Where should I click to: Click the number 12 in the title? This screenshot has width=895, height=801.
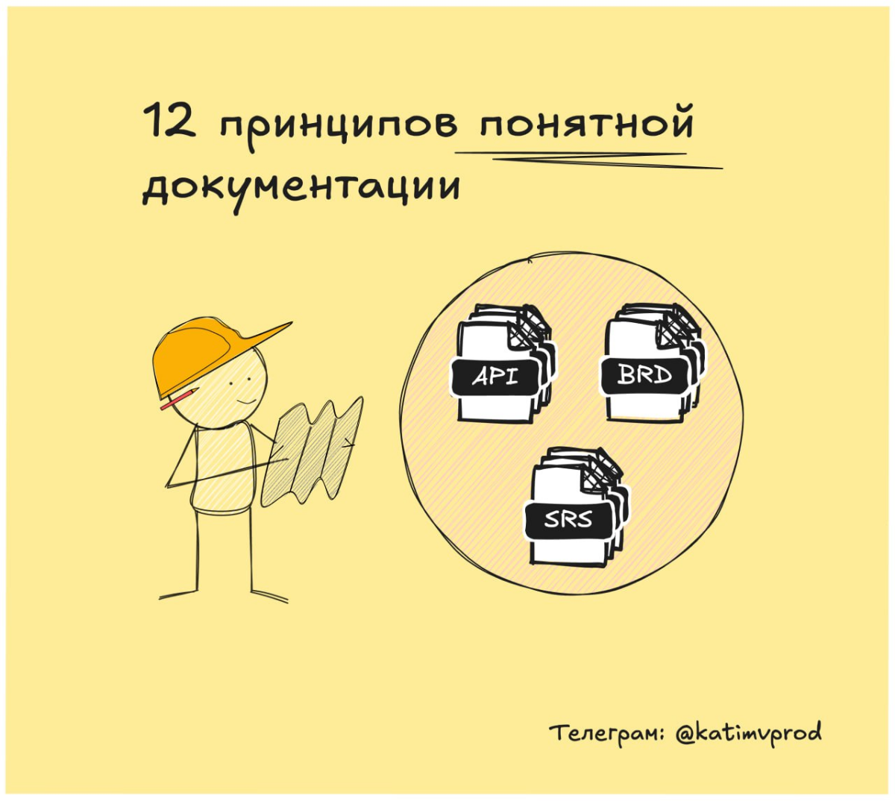pyautogui.click(x=169, y=122)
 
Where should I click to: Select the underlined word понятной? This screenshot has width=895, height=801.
pyautogui.click(x=586, y=124)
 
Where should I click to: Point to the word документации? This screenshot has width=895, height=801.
pyautogui.click(x=301, y=186)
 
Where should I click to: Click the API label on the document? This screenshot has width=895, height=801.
pyautogui.click(x=494, y=377)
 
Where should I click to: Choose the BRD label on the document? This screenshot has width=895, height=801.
pyautogui.click(x=644, y=375)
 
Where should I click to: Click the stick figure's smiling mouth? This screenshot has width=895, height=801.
pyautogui.click(x=245, y=403)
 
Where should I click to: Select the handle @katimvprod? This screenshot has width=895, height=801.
pyautogui.click(x=747, y=732)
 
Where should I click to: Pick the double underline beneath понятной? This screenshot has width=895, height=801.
pyautogui.click(x=589, y=159)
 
